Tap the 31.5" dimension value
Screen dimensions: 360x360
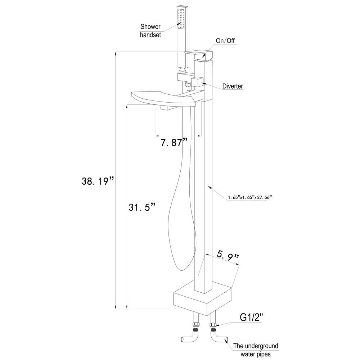[x=142, y=207]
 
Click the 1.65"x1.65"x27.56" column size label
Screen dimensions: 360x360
[x=249, y=197]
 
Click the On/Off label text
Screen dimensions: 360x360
[x=225, y=41]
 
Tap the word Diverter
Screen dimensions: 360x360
[x=233, y=86]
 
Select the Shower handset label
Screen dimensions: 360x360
[x=150, y=31]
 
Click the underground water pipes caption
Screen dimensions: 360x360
[x=256, y=350]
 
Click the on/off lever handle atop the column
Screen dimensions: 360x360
[x=199, y=54]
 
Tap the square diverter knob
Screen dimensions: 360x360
[x=197, y=82]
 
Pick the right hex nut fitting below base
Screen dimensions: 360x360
[x=213, y=327]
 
